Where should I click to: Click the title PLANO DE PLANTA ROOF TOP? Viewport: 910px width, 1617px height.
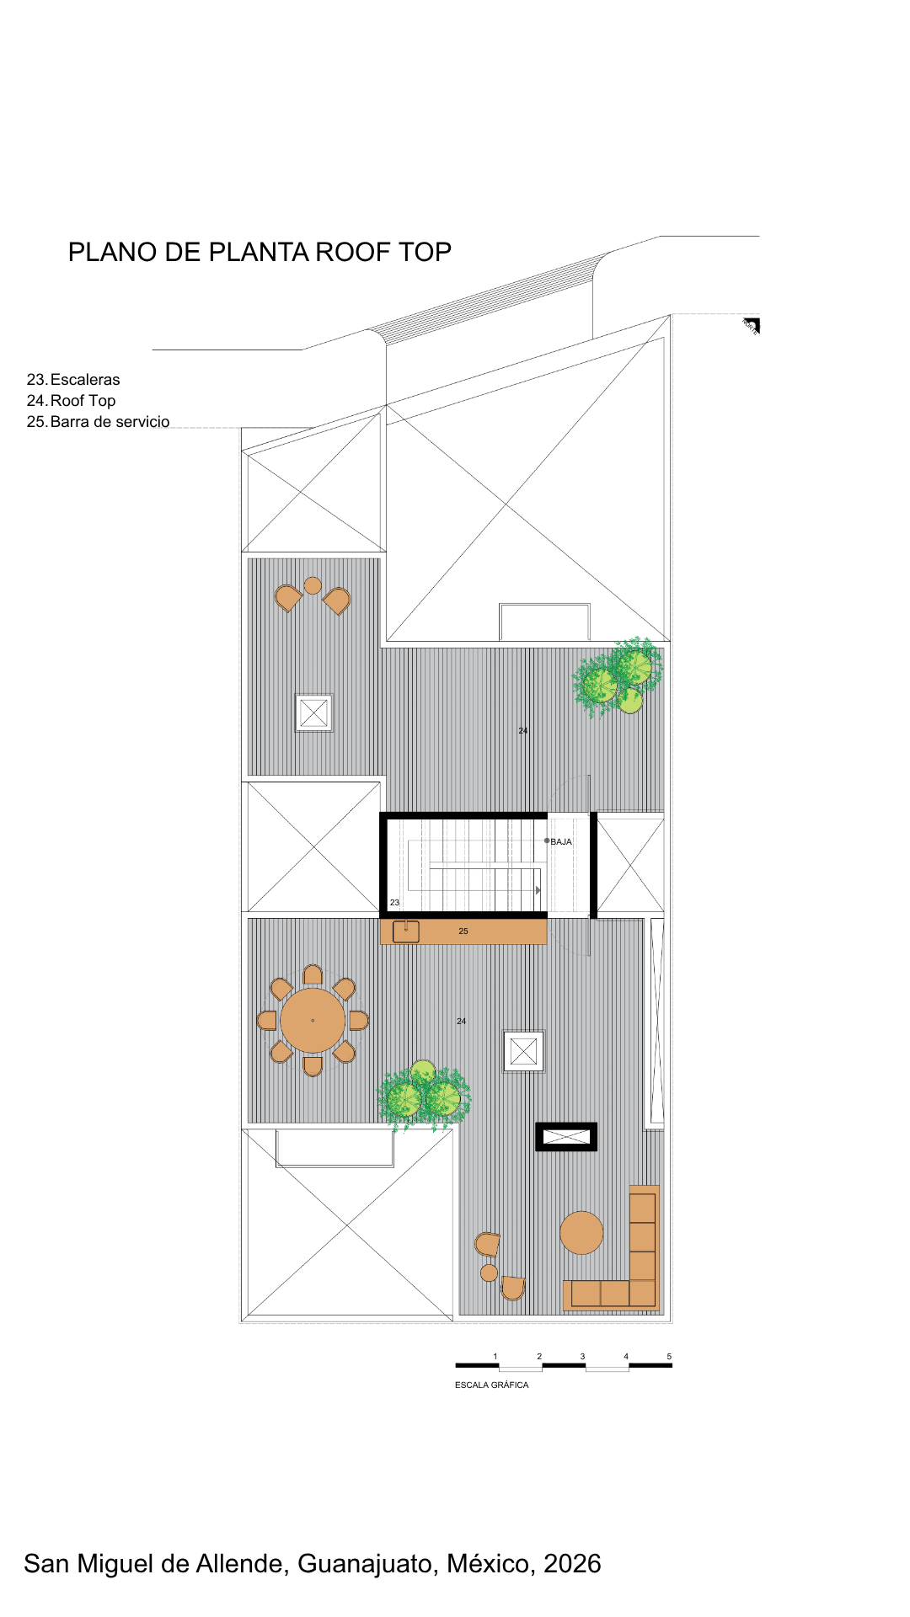click(x=260, y=252)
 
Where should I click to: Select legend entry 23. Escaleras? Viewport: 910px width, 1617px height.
click(x=73, y=380)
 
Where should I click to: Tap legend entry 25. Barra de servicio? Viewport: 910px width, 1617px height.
click(x=98, y=422)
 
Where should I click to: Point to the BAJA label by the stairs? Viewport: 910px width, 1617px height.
click(x=561, y=841)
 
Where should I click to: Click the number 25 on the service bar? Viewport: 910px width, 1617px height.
click(x=463, y=931)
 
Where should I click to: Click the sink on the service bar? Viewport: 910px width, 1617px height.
click(x=406, y=931)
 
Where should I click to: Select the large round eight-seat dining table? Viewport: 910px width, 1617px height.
click(x=313, y=1021)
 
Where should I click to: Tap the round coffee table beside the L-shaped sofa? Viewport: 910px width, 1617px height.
click(x=581, y=1233)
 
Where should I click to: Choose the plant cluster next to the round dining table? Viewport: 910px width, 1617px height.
click(x=424, y=1094)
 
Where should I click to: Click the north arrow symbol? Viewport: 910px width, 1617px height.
click(x=752, y=326)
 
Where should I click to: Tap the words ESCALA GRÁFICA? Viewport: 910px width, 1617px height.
click(x=492, y=1385)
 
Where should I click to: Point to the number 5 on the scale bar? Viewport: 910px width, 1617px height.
click(x=669, y=1356)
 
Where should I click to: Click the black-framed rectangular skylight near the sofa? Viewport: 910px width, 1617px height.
click(x=566, y=1137)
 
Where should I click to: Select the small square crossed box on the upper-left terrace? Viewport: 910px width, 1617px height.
click(x=313, y=713)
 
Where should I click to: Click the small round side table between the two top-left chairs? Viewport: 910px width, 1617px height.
click(x=313, y=585)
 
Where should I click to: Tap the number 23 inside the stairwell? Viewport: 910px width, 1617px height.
click(x=394, y=902)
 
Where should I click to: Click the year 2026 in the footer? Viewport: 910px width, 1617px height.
click(x=572, y=1564)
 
